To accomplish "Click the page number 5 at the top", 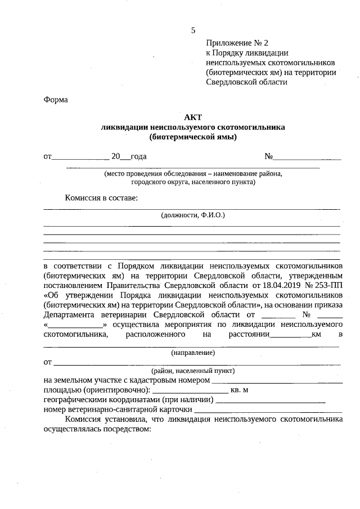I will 193,30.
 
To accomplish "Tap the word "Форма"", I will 55,100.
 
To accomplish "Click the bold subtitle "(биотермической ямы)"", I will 193,137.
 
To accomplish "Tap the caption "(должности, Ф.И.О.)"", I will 193,215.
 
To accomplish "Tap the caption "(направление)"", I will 193,353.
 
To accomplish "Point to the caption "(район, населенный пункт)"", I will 193,371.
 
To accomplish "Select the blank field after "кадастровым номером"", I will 277,381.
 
